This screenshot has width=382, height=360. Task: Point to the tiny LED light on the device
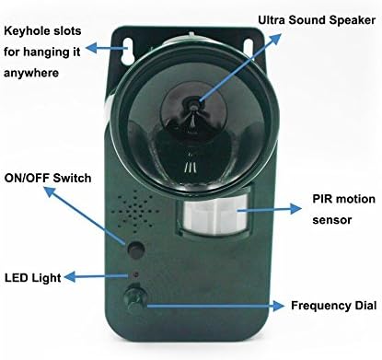point(135,275)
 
